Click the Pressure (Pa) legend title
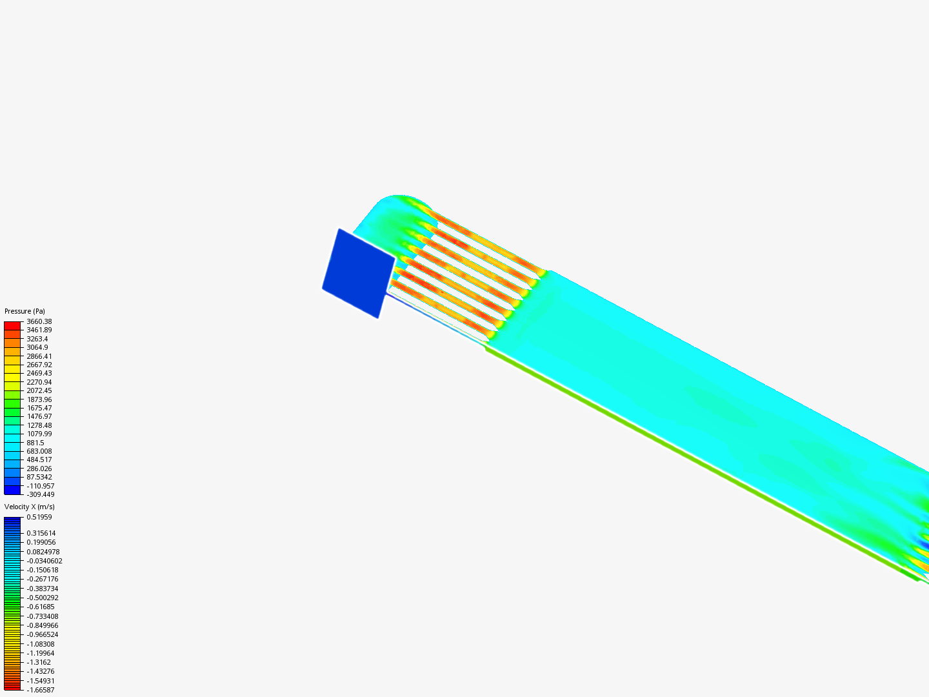tap(25, 311)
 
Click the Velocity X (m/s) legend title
tap(29, 507)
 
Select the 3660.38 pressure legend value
tap(39, 321)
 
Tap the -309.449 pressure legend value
tap(41, 494)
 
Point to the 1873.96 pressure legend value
tap(39, 399)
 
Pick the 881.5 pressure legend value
tap(35, 443)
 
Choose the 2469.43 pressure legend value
tap(39, 373)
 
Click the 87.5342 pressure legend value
tap(39, 477)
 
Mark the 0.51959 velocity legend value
tap(39, 517)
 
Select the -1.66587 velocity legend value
tap(41, 690)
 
